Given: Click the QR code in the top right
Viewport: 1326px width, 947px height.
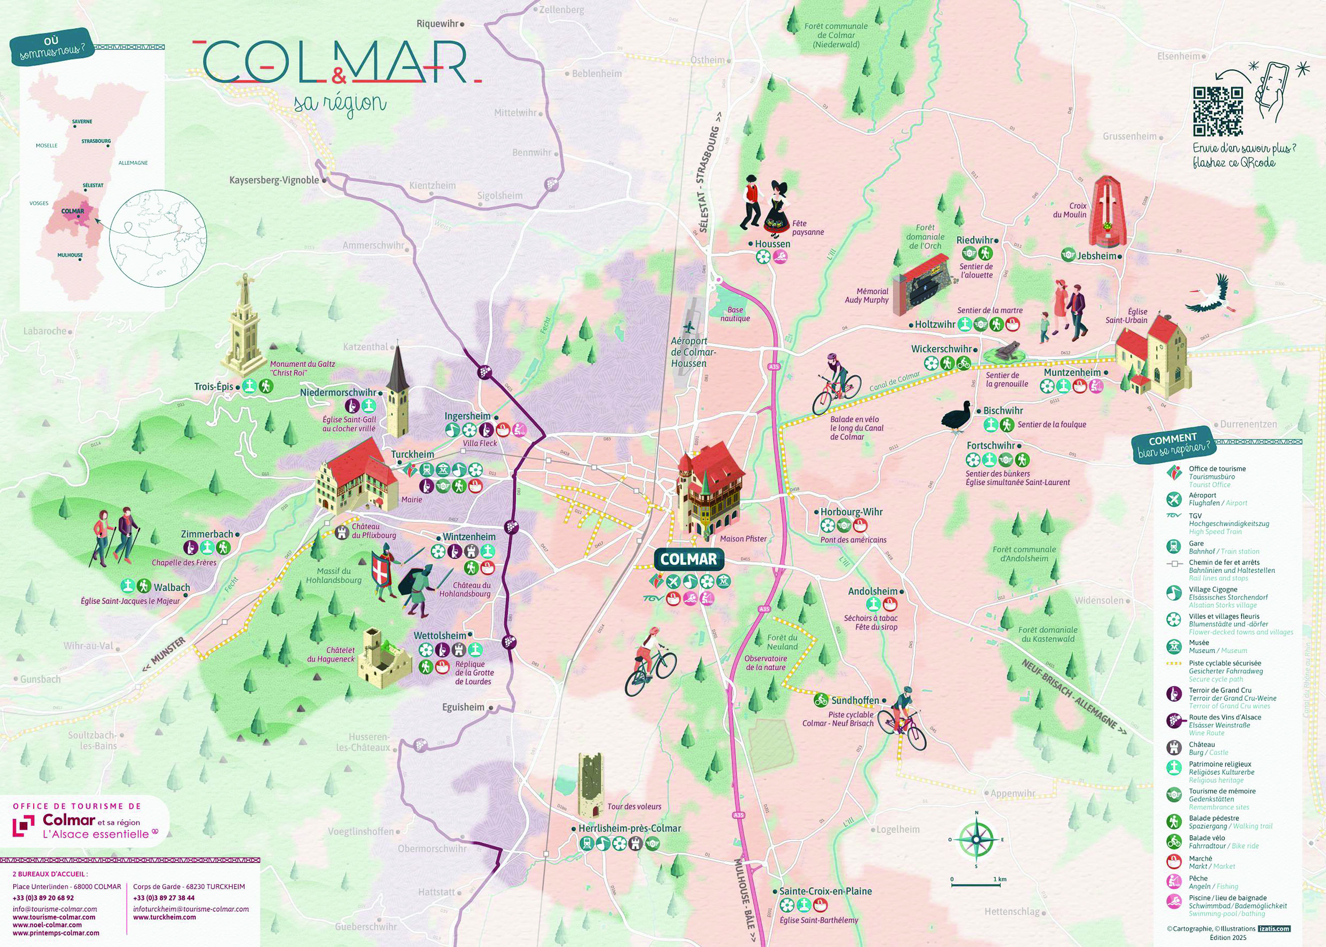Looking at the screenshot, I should click(x=1218, y=111).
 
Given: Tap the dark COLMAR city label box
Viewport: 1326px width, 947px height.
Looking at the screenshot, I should click(x=688, y=559).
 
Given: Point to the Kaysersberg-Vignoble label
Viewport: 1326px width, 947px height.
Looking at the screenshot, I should click(x=274, y=180).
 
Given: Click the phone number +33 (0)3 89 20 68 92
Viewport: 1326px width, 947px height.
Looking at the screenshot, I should click(x=43, y=898).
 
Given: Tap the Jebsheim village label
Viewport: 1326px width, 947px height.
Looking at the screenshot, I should click(x=1096, y=255).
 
